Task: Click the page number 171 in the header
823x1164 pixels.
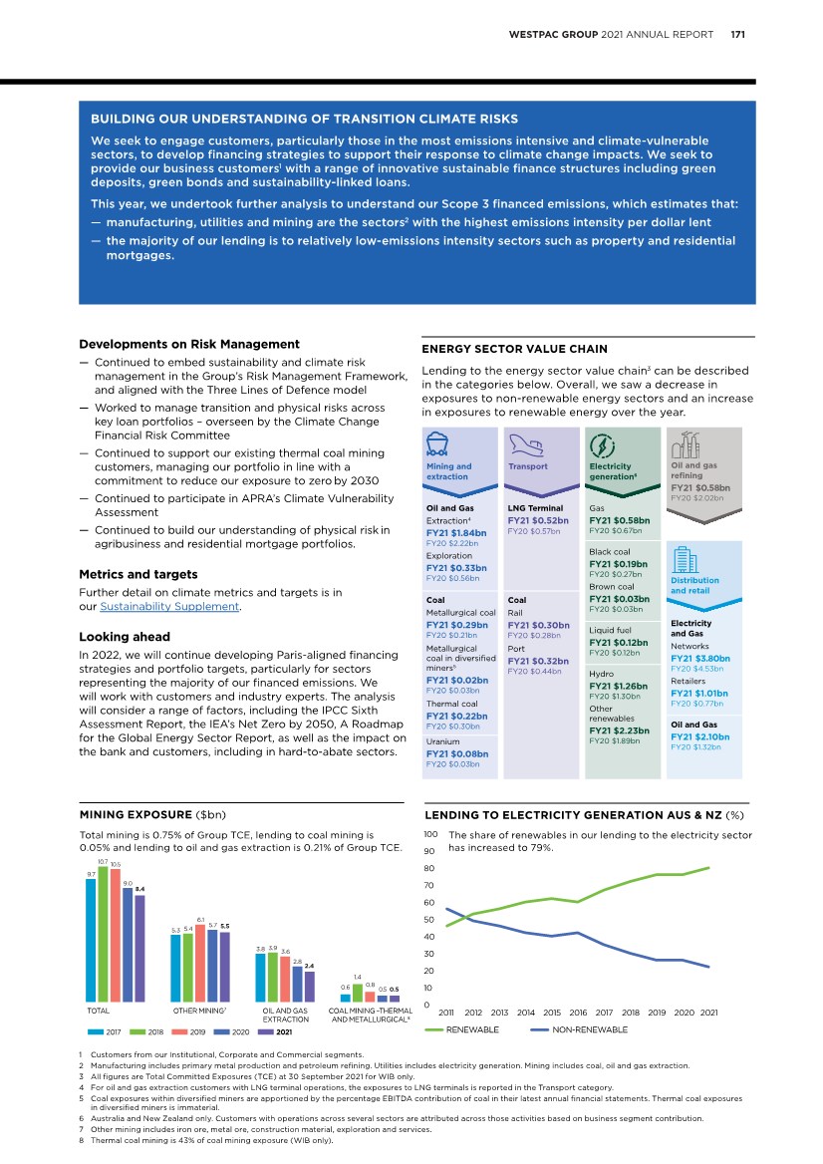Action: point(739,34)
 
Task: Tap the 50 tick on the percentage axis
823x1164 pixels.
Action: point(430,920)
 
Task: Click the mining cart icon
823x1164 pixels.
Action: point(434,445)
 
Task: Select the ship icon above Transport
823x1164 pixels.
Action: point(527,444)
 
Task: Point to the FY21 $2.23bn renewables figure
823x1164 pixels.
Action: point(619,730)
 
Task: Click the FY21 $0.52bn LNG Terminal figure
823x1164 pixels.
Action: point(538,520)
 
